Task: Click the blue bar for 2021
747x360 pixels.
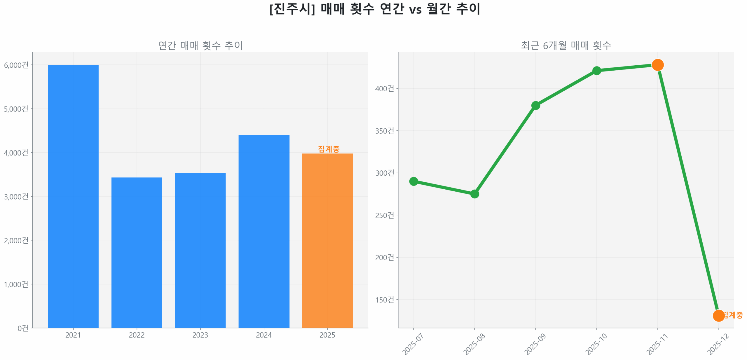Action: pos(73,195)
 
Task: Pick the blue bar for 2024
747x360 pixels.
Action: pos(264,230)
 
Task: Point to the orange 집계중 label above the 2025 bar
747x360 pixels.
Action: pos(329,149)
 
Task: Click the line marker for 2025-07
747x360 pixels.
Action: pos(413,181)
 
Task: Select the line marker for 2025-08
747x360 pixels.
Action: pos(474,194)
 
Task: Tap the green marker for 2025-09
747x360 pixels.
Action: pos(535,105)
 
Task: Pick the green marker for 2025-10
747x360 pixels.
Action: pos(596,71)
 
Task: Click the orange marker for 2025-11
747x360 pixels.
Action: pos(657,65)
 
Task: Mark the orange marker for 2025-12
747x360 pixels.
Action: pos(718,315)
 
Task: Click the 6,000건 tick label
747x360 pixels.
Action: pos(16,65)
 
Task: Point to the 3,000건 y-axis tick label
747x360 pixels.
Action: pos(16,196)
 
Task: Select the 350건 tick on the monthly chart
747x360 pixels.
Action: pos(384,131)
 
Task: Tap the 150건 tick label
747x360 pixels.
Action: pos(384,300)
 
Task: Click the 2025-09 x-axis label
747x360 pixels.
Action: pos(535,344)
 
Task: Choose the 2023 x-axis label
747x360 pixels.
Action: pos(200,335)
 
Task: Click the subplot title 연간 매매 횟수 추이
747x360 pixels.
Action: pos(200,46)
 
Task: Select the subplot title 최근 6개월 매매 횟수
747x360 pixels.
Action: pos(566,46)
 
